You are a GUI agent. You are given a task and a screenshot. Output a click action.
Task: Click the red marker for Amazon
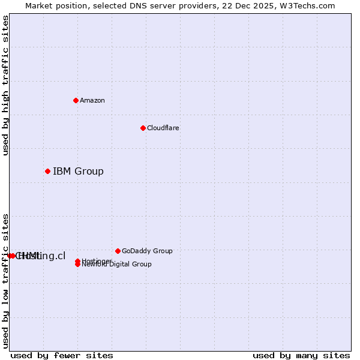tap(76, 100)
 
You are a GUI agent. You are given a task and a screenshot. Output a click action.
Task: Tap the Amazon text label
tap(92, 100)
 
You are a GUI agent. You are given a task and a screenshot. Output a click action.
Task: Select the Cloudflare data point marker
tap(143, 128)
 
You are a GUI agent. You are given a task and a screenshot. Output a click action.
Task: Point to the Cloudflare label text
tap(163, 128)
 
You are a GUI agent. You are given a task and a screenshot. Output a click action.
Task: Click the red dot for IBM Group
tap(47, 171)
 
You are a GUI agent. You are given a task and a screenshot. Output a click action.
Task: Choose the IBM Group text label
tap(78, 171)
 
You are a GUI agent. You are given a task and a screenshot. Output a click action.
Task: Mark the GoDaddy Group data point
tap(118, 251)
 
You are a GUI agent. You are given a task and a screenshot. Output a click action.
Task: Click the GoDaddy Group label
tap(147, 251)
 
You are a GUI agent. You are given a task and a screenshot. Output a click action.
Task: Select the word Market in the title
tap(39, 5)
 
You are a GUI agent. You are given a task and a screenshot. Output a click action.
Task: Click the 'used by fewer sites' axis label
tap(62, 355)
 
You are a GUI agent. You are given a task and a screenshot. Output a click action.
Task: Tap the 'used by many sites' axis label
tap(301, 355)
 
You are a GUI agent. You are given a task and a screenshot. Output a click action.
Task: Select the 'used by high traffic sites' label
tap(5, 85)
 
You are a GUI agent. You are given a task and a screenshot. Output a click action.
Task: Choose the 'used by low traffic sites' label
tap(5, 280)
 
